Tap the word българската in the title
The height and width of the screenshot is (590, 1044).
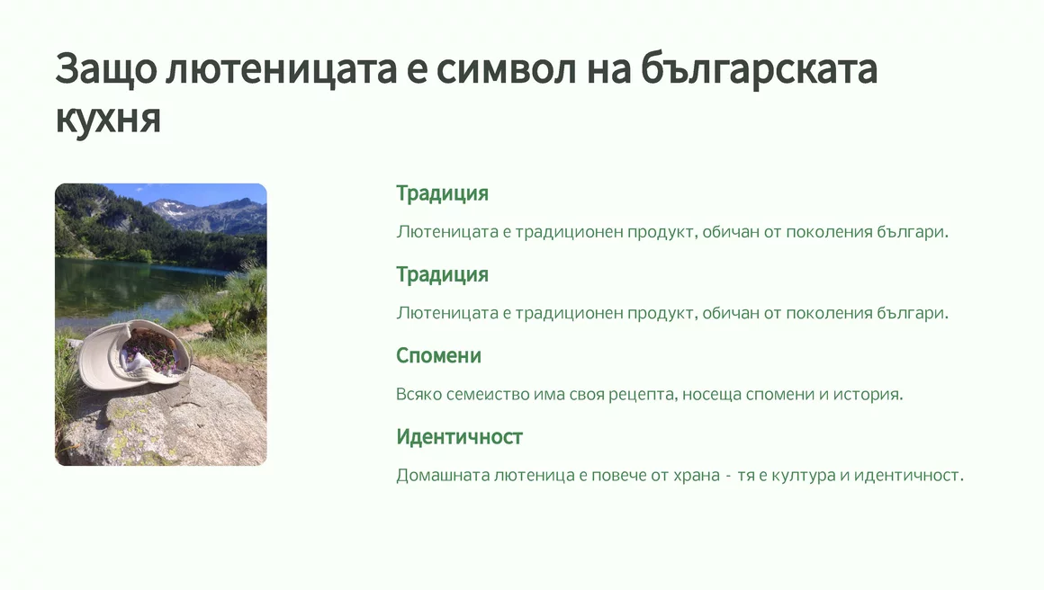coord(759,69)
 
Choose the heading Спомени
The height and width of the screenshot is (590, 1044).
coord(439,356)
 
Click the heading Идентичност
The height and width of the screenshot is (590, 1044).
coord(459,437)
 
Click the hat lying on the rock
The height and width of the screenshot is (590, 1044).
coord(134,354)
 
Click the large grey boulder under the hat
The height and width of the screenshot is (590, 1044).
coord(166,423)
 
